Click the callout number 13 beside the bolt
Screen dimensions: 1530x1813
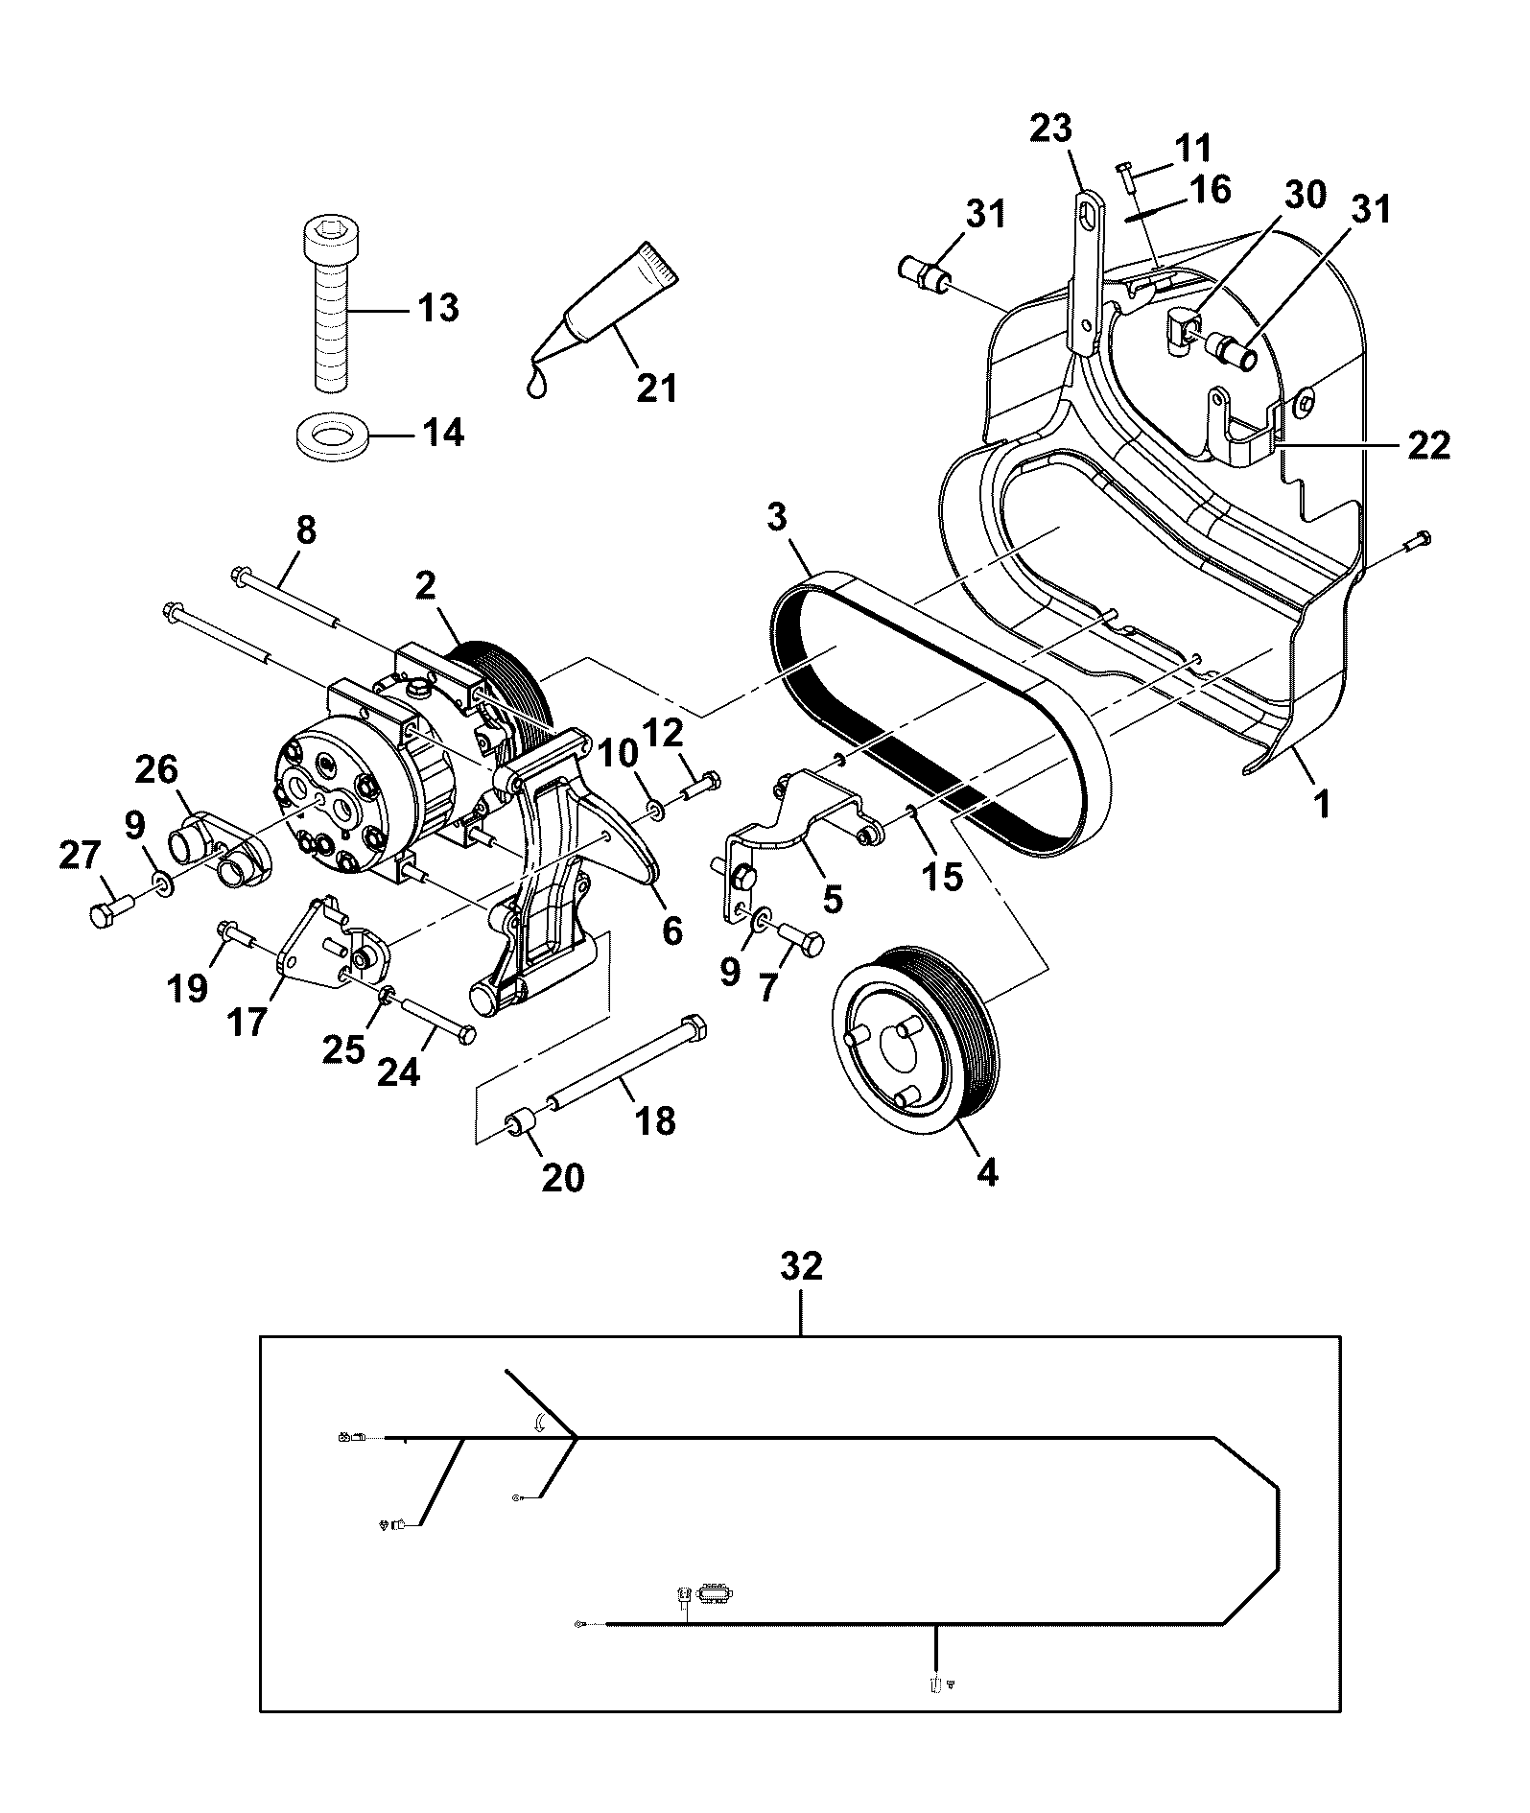(437, 309)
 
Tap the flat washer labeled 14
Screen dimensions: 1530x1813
(331, 436)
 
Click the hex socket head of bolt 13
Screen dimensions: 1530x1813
(331, 233)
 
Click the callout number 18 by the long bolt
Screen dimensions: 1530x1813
(655, 1120)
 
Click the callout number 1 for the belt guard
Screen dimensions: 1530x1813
(1322, 804)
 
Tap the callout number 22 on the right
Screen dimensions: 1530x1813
(1428, 445)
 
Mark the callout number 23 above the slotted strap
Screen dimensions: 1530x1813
(1051, 128)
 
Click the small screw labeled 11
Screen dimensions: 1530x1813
(1127, 178)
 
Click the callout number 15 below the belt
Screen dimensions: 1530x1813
(942, 876)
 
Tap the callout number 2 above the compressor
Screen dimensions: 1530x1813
(426, 586)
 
